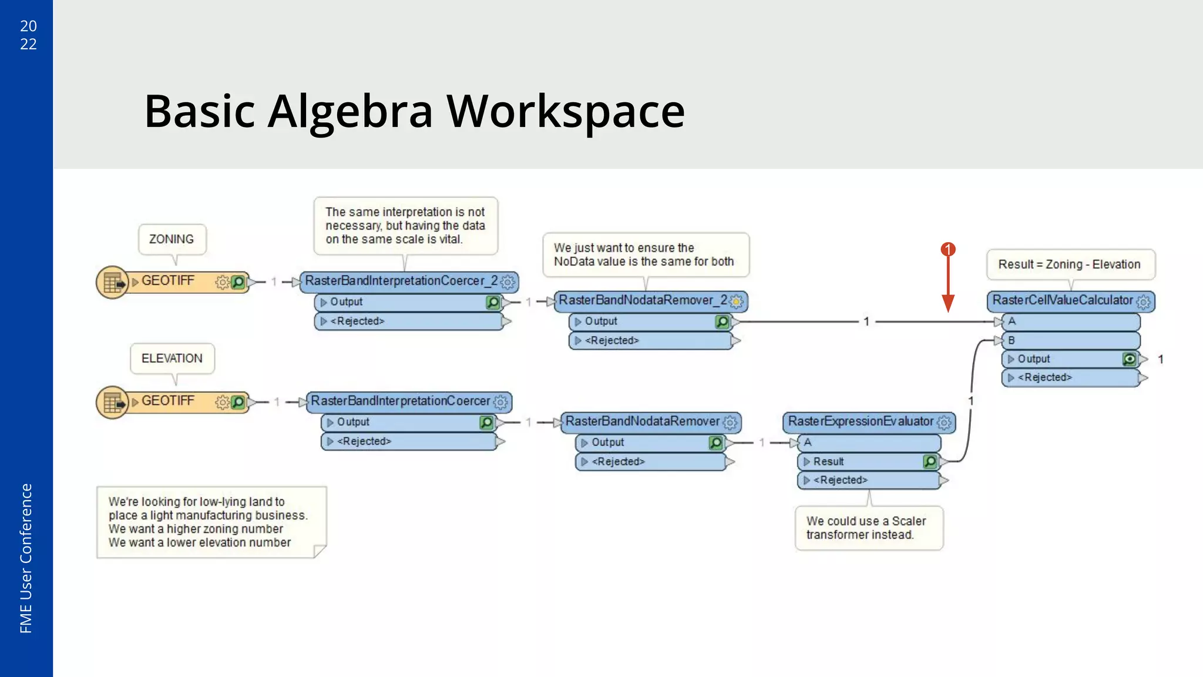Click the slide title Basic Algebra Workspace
coord(414,111)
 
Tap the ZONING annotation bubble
coord(172,239)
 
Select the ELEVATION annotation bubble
coord(172,358)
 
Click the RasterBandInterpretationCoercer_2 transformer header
coord(401,281)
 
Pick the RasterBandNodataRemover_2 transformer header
coord(643,300)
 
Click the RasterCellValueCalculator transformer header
coord(1062,300)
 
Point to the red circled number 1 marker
coord(947,250)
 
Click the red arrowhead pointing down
coord(947,303)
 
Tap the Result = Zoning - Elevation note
coord(1069,264)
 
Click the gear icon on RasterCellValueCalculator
coord(1143,301)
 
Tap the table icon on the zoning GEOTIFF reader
coord(112,283)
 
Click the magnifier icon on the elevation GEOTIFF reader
coord(238,402)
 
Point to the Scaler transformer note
coord(867,528)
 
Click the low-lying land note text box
coord(209,522)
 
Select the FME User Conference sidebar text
coord(26,558)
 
